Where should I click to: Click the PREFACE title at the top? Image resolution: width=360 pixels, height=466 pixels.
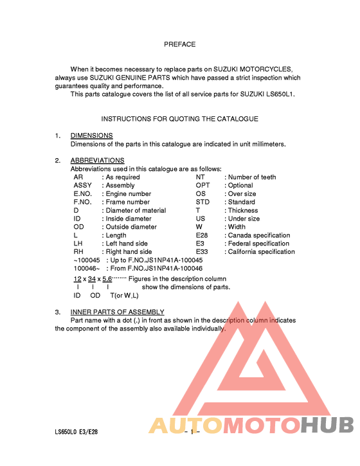pyautogui.click(x=179, y=44)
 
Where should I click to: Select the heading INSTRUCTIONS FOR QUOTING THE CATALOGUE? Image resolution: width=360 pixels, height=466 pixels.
pyautogui.click(x=179, y=119)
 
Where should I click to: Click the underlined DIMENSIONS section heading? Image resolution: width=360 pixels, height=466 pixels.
pyautogui.click(x=91, y=136)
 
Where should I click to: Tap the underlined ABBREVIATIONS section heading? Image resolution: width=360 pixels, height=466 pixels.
pyautogui.click(x=97, y=160)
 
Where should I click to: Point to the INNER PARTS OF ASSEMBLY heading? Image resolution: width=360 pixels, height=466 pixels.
pyautogui.click(x=117, y=312)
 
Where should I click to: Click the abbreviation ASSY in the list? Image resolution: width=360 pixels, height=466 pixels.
pyautogui.click(x=83, y=185)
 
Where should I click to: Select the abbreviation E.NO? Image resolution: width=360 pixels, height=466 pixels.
pyautogui.click(x=85, y=193)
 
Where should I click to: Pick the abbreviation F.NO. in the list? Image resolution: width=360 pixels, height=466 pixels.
pyautogui.click(x=84, y=202)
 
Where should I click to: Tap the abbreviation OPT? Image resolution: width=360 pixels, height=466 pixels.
pyautogui.click(x=203, y=185)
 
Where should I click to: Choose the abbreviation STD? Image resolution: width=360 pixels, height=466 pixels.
pyautogui.click(x=203, y=202)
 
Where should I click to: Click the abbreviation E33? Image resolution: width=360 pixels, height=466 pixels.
pyautogui.click(x=202, y=252)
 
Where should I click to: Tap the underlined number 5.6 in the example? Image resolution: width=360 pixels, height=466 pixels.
pyautogui.click(x=107, y=278)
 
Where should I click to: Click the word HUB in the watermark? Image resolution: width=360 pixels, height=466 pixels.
pyautogui.click(x=328, y=426)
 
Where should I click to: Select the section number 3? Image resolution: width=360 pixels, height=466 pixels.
pyautogui.click(x=57, y=312)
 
